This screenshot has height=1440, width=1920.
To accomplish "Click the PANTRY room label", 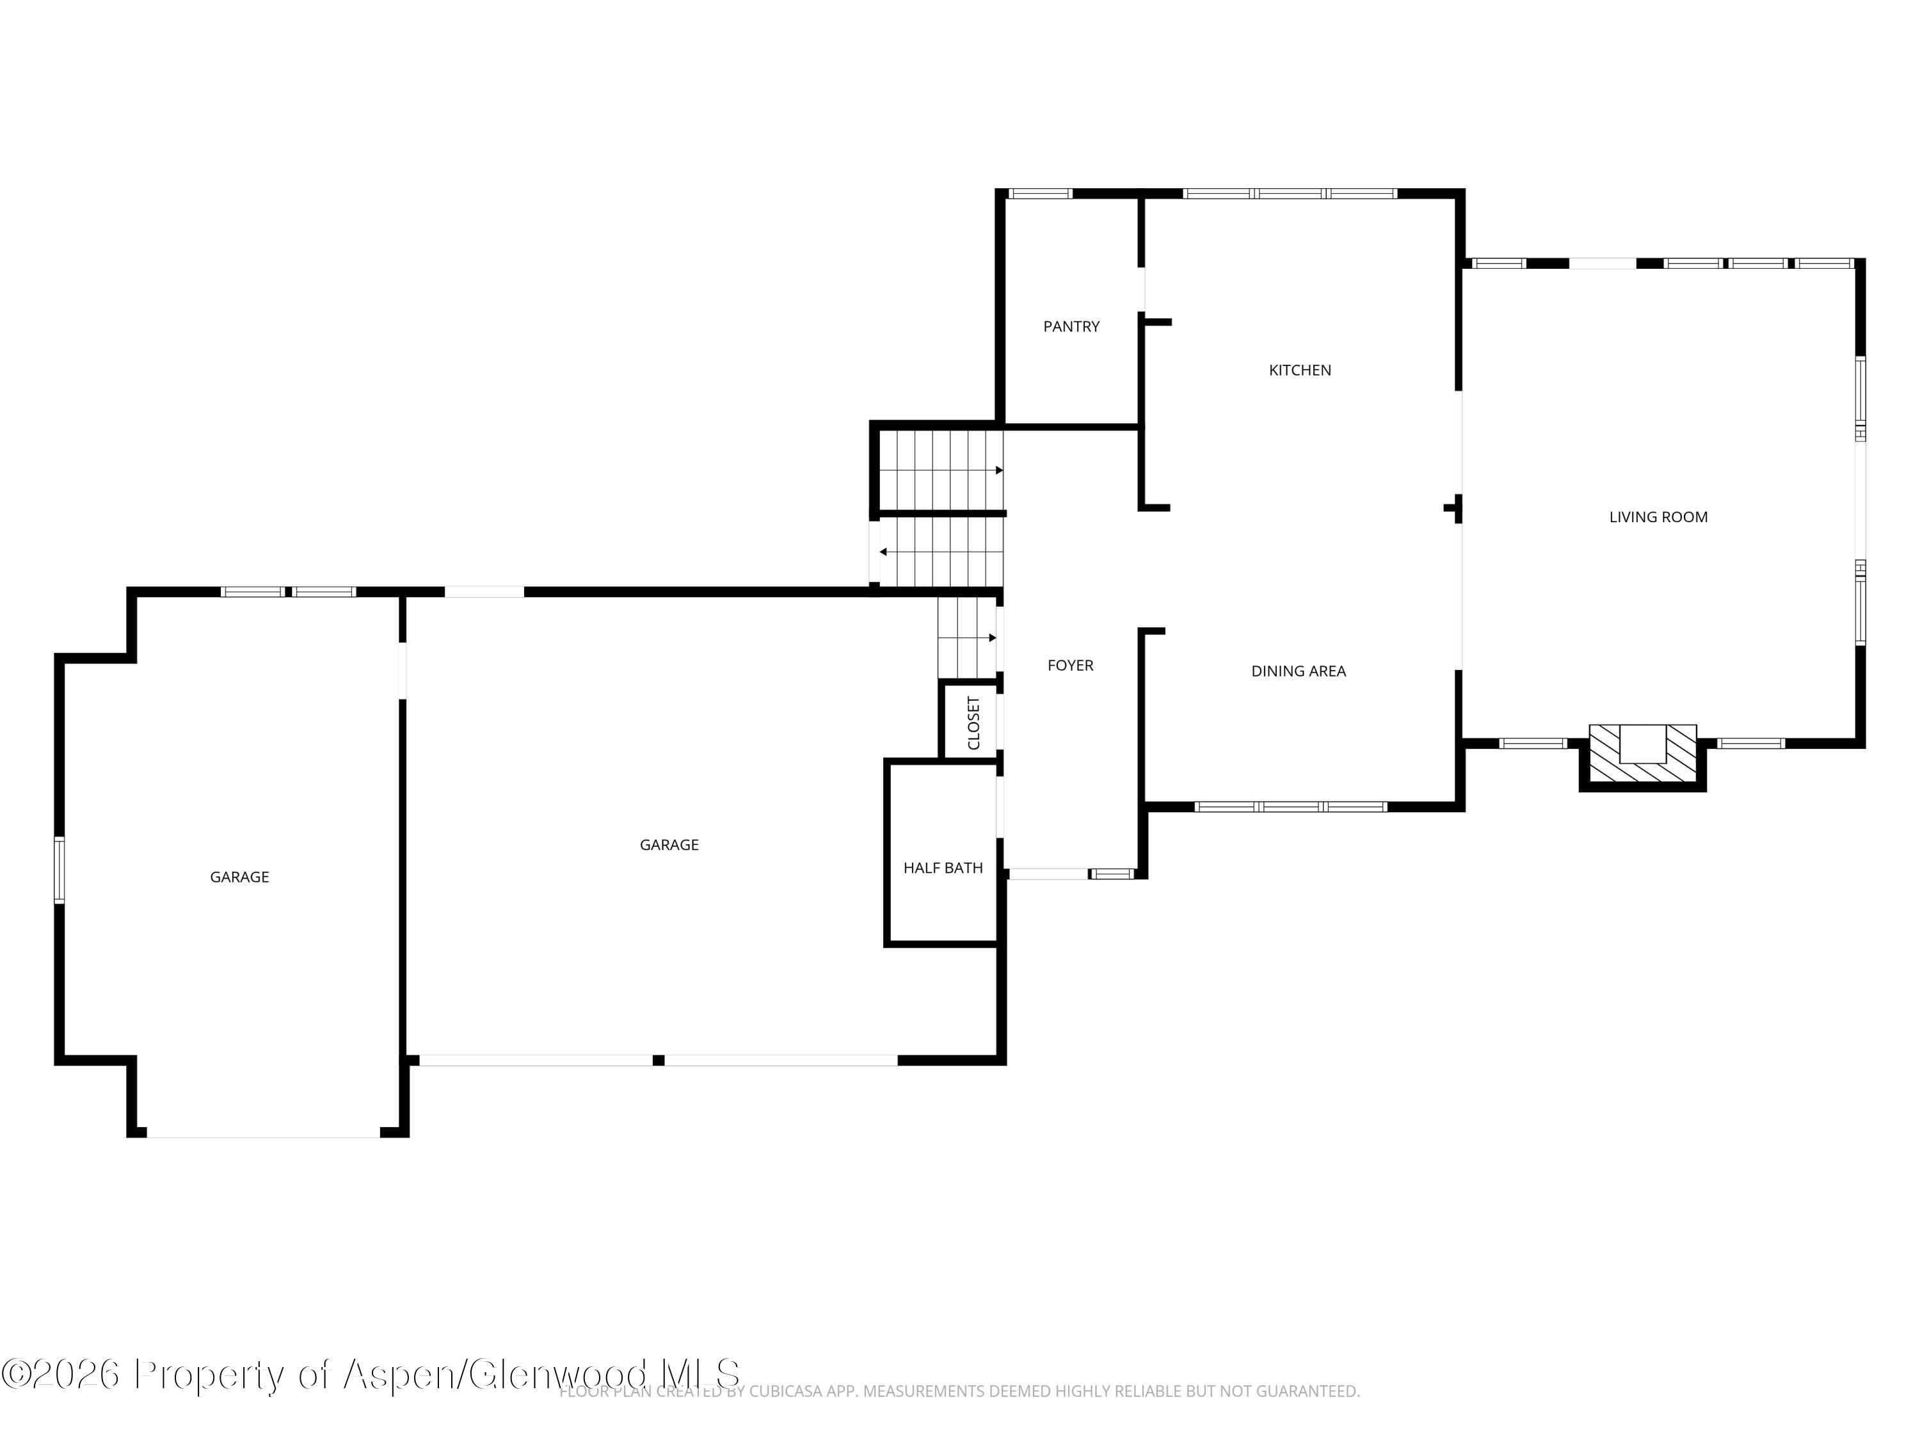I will click(x=1071, y=326).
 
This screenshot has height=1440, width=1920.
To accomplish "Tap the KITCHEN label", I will click(x=1299, y=370).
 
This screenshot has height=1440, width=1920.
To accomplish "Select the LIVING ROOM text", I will click(x=1658, y=517).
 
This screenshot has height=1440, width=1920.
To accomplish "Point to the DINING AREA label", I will click(x=1298, y=671).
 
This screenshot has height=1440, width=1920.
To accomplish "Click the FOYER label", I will click(x=1069, y=666).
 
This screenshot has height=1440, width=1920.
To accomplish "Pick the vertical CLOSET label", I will click(x=973, y=723).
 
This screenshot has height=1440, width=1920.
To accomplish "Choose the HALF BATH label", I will click(x=943, y=868).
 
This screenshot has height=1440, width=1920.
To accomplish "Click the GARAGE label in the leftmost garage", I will click(x=239, y=877).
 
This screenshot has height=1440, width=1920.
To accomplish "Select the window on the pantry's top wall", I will click(x=1040, y=193).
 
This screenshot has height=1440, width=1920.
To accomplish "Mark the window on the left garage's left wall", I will click(x=59, y=870).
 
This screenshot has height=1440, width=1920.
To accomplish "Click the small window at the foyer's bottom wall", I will click(x=1112, y=873).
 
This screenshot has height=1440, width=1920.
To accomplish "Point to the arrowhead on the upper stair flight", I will click(x=999, y=470).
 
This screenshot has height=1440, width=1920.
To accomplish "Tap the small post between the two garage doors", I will click(x=658, y=1060).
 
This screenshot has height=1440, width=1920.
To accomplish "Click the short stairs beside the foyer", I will click(x=965, y=638).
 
